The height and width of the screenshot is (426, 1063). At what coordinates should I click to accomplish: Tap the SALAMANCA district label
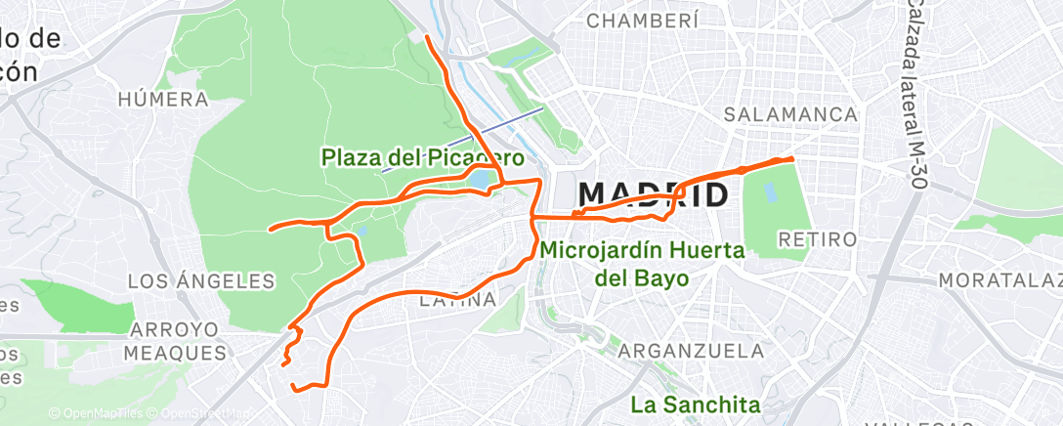pyautogui.click(x=790, y=114)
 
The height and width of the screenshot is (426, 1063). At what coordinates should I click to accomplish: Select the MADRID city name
pyautogui.click(x=654, y=194)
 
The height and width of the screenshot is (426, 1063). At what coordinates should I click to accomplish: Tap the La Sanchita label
pyautogui.click(x=694, y=403)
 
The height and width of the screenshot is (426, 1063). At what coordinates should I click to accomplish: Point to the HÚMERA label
pyautogui.click(x=162, y=99)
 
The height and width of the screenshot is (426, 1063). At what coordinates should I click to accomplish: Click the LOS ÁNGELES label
pyautogui.click(x=202, y=281)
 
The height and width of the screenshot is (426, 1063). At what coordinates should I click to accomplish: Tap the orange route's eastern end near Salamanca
pyautogui.click(x=790, y=158)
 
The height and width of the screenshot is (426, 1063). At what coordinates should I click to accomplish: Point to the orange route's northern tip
pyautogui.click(x=428, y=37)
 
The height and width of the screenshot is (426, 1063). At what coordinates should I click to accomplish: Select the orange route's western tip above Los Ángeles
pyautogui.click(x=271, y=230)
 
